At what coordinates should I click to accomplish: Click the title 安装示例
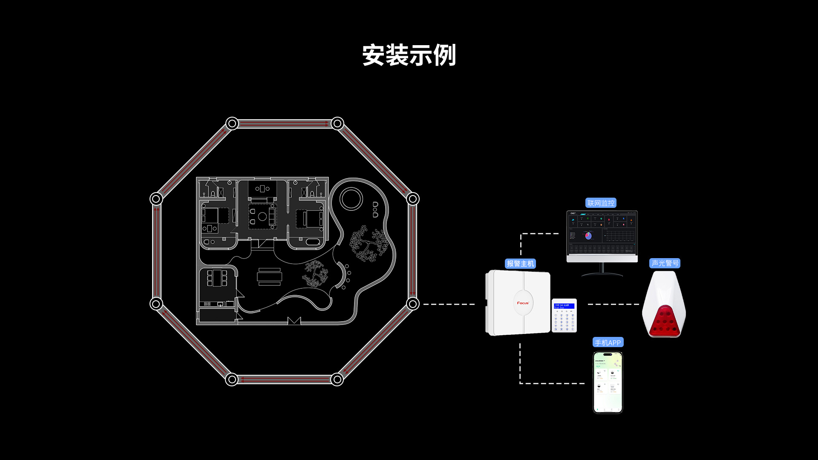click(409, 55)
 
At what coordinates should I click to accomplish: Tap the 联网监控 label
click(601, 203)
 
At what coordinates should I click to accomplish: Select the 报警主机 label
click(520, 264)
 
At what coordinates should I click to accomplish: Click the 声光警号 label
click(665, 263)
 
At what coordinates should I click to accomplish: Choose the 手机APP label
click(608, 342)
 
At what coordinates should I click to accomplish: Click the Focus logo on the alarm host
click(523, 303)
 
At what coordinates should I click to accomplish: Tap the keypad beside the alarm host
click(564, 316)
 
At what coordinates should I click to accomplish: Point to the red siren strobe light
click(664, 321)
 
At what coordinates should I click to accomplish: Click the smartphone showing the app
click(608, 382)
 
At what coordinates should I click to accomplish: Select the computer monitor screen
click(602, 233)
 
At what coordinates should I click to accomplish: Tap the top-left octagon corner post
click(232, 124)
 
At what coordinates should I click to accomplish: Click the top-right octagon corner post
click(337, 124)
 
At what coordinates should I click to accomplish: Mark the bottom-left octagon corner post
click(232, 379)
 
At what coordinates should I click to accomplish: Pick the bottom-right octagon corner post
click(337, 379)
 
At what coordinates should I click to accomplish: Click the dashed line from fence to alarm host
click(449, 304)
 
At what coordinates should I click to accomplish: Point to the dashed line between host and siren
click(613, 304)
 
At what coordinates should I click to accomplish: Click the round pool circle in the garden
click(351, 198)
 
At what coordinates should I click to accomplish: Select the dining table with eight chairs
click(217, 278)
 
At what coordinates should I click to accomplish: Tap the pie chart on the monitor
click(588, 235)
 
